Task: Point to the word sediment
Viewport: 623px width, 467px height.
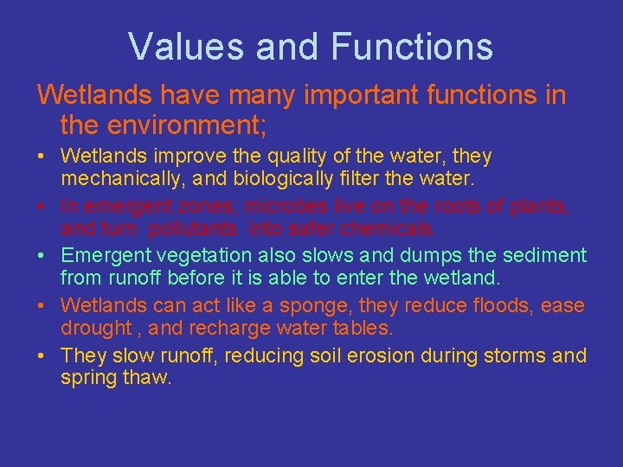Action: (544, 256)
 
